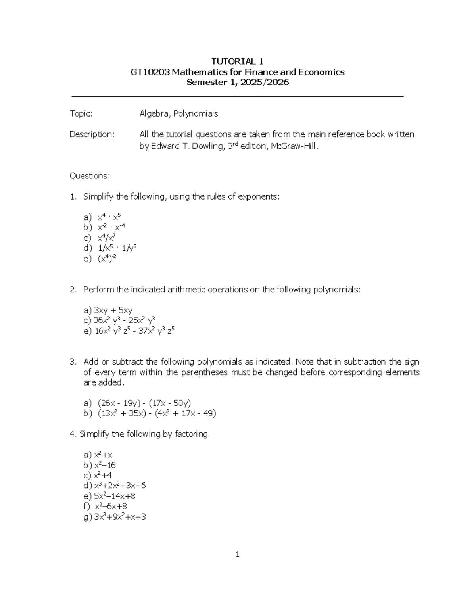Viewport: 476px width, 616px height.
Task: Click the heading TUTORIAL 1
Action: point(237,61)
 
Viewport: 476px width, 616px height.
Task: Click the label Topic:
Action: point(81,114)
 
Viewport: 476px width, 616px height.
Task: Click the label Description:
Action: point(92,134)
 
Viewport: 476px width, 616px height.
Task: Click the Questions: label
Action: point(90,176)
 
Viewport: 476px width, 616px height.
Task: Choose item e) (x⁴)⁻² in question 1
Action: point(107,259)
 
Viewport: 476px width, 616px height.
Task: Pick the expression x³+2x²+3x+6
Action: point(120,486)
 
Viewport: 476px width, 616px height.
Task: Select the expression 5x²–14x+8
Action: point(115,496)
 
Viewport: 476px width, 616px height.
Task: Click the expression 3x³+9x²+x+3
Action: point(120,517)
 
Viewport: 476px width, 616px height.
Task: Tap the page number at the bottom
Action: point(237,555)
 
